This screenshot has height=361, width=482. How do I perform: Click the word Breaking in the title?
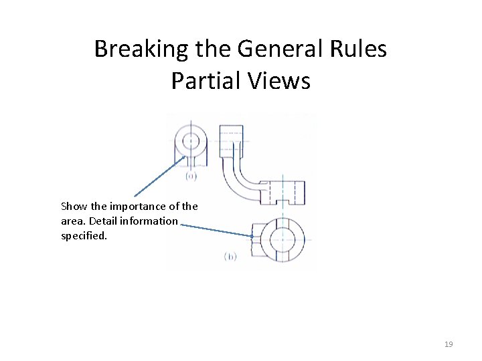coord(131,49)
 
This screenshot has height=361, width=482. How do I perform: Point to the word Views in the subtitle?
coord(280,81)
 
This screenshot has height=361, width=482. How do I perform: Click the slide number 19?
coord(449,344)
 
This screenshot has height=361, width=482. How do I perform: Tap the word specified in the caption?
coord(84,235)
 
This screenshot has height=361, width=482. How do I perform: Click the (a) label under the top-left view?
coord(191,176)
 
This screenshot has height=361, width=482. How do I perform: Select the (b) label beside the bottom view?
coord(229,256)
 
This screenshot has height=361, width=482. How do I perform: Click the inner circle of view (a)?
coord(191,141)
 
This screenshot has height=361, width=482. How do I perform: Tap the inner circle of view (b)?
coord(282,240)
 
